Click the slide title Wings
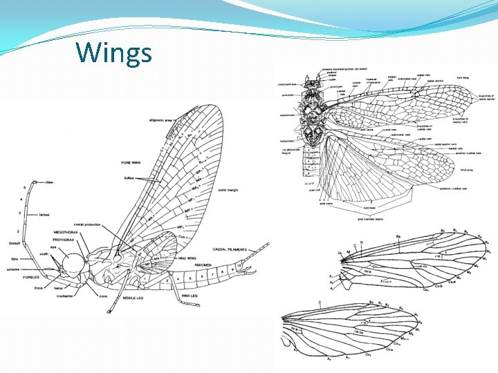pyautogui.click(x=113, y=52)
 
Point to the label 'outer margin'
pyautogui.click(x=229, y=190)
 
